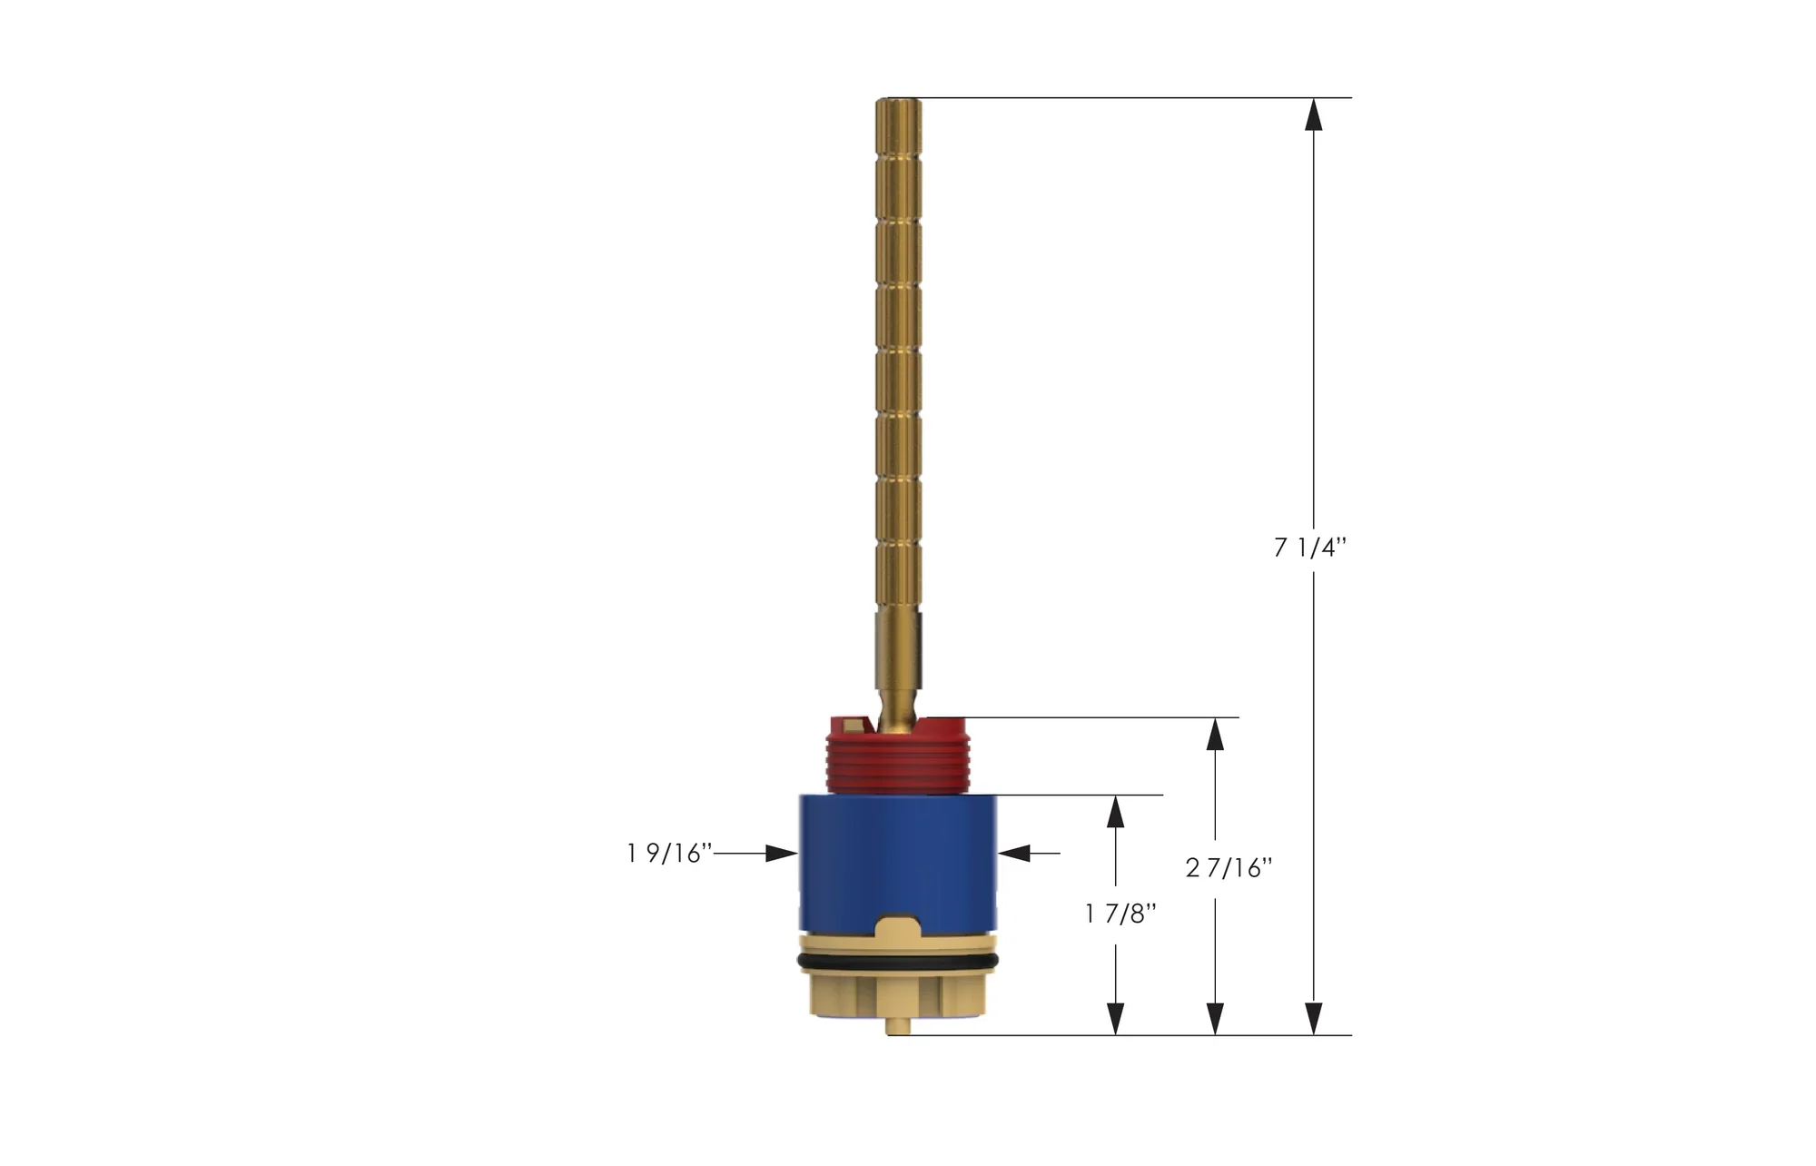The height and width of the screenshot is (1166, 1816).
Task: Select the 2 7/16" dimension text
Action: (1229, 869)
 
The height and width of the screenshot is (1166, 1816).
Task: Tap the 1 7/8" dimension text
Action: (1120, 914)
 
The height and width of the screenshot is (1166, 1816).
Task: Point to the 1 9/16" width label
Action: (668, 854)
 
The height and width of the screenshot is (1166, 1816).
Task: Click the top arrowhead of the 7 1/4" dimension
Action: (1313, 114)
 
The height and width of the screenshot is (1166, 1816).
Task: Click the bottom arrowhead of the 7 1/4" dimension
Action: (1313, 1018)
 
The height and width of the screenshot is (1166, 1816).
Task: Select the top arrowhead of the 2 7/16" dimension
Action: (1215, 735)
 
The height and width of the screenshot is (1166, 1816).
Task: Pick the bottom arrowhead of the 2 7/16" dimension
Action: (1215, 1018)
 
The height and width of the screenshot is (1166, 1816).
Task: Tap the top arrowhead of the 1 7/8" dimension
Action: (1116, 812)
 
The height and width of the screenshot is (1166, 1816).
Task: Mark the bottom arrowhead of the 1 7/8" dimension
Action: (1116, 1018)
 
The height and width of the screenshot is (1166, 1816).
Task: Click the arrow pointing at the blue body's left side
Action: (781, 854)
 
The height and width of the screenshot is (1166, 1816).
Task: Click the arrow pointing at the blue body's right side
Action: (1014, 854)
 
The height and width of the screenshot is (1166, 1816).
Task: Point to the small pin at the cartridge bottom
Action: (897, 1027)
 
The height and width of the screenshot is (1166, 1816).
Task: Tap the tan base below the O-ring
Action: (898, 994)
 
